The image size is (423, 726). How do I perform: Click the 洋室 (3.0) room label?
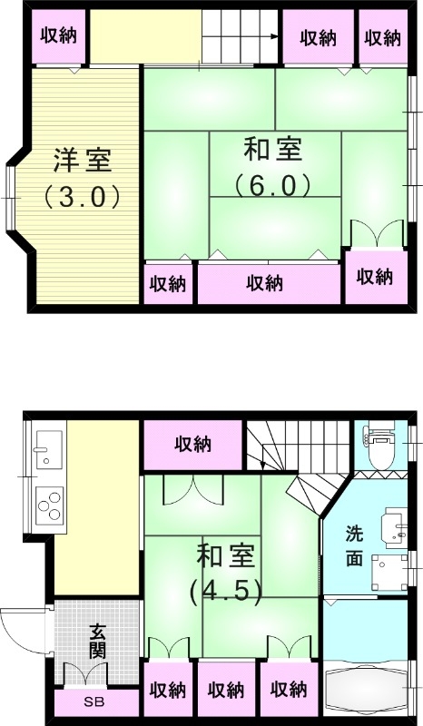coord(82,178)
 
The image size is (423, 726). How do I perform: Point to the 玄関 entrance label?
coord(98,641)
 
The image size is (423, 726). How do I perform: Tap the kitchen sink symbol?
coord(47,447)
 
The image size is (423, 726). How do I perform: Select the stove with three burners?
coord(49,505)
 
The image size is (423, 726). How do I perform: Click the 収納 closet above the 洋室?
coord(60,37)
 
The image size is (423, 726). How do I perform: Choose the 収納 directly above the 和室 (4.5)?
coord(193,445)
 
